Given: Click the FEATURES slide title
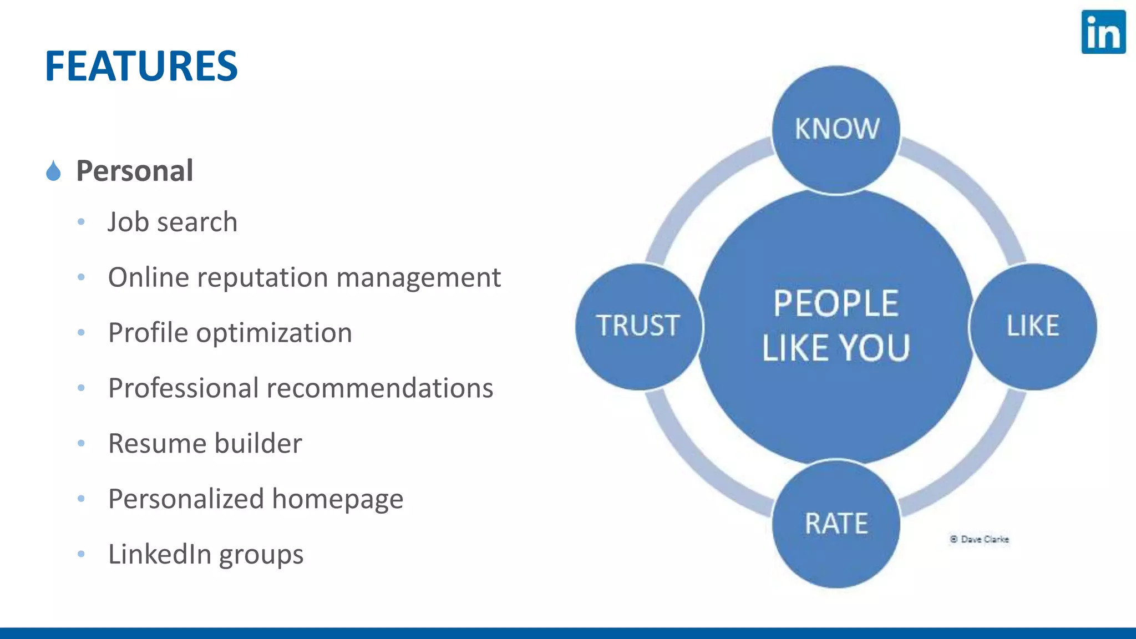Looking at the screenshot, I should [141, 66].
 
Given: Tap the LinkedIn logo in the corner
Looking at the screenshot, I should [1103, 32].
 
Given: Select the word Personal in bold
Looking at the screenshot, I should [135, 170].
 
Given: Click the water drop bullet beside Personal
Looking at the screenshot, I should [53, 171].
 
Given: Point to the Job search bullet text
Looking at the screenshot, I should [173, 222].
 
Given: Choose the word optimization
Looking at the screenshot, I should [274, 333].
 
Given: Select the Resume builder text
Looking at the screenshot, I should [205, 443].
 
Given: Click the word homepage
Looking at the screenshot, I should [337, 499].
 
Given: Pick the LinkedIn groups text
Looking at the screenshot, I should [206, 554].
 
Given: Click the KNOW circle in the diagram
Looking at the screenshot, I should [836, 129].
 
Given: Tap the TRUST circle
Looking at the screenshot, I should [638, 326].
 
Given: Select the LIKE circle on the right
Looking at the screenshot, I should [1033, 326].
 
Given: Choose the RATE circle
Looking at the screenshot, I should [836, 523].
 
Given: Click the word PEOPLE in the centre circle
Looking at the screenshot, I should [836, 304].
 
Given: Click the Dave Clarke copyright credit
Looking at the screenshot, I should [980, 539].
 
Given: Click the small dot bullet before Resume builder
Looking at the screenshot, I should [82, 443].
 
